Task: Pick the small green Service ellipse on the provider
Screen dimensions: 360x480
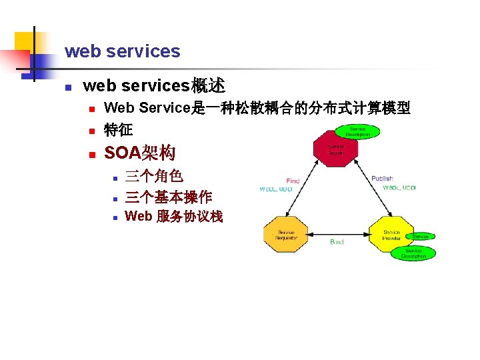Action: (421, 237)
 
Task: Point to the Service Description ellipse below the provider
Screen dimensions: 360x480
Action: (414, 253)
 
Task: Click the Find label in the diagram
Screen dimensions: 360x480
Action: (293, 181)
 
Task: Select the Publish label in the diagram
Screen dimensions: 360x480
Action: (382, 179)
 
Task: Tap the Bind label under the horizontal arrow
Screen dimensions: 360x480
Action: (337, 242)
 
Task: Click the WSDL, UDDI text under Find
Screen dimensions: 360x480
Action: (276, 189)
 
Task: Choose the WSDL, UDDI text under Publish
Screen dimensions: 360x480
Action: (399, 188)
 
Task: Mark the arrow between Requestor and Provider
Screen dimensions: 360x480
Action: (337, 235)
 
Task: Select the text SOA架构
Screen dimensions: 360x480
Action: (140, 153)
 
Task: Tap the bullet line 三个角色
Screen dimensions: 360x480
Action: (154, 176)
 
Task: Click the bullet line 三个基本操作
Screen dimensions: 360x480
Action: (169, 197)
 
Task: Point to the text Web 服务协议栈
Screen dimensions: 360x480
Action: (174, 217)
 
